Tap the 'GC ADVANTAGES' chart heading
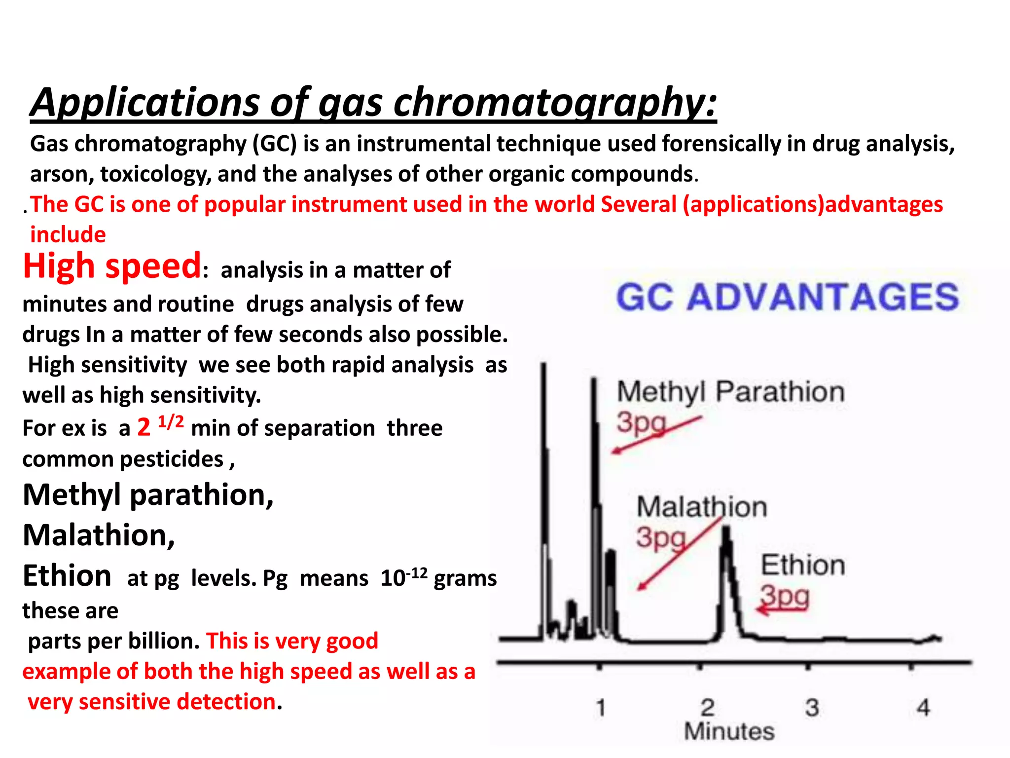[x=788, y=297]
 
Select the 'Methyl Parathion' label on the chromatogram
[x=730, y=392]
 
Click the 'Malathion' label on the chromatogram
[x=702, y=507]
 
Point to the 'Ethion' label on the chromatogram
[x=803, y=565]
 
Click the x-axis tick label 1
[x=601, y=708]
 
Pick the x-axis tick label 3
[x=812, y=708]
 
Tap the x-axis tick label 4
[x=923, y=708]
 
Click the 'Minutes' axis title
[x=729, y=731]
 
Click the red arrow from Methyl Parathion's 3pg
[x=656, y=435]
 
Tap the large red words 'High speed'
[x=112, y=266]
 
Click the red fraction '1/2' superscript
[x=171, y=422]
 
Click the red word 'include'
[x=68, y=234]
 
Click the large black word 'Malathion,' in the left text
[x=99, y=535]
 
